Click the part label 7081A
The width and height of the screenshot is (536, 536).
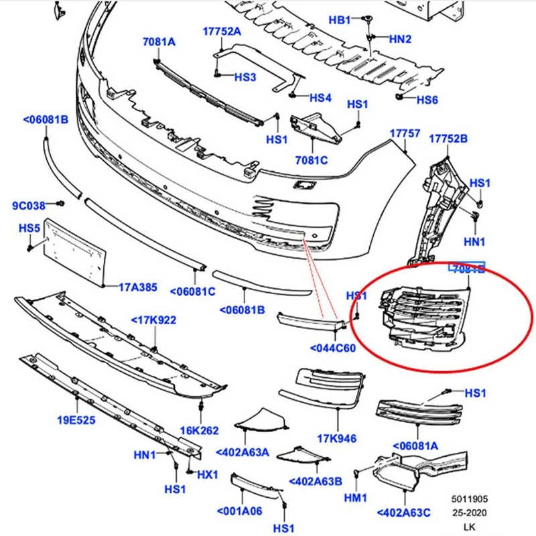[159, 42]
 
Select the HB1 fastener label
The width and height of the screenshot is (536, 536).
[340, 20]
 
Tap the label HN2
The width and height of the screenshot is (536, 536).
[400, 39]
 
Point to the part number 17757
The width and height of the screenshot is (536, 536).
[405, 134]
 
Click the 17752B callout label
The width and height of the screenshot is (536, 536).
[448, 139]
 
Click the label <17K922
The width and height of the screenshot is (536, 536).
[153, 320]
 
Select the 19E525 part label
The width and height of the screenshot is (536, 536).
[76, 420]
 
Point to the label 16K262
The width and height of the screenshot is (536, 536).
[199, 431]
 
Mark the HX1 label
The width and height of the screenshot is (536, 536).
[207, 474]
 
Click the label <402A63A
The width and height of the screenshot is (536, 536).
[243, 452]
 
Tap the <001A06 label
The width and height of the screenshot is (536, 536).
[240, 511]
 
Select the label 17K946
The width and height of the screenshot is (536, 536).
[336, 439]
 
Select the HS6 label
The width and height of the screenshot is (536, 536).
[427, 100]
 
